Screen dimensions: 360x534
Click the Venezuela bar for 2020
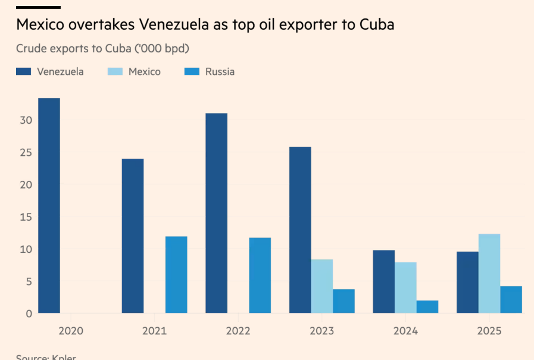coord(49,205)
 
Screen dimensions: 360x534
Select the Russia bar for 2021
coord(176,274)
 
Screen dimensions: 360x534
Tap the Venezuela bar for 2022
coord(216,213)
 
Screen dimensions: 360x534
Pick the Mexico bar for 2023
coord(321,286)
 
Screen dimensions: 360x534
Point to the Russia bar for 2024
coord(427,306)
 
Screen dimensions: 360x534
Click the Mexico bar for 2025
coord(489,273)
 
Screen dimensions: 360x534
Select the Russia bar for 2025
coord(511,299)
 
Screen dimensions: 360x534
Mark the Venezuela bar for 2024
coord(383,281)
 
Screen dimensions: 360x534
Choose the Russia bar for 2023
coord(343,300)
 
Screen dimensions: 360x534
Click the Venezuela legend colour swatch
coord(23,71)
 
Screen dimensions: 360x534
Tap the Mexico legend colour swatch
coord(115,71)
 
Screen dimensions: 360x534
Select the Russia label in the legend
coord(220,71)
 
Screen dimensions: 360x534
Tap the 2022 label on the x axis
coord(238,330)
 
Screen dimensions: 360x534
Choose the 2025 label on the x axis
coord(489,330)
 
